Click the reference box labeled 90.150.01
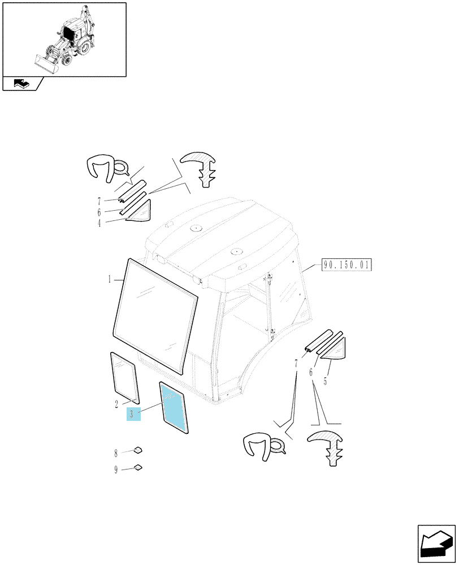[346, 265]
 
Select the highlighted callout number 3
[133, 414]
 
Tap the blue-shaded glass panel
[174, 407]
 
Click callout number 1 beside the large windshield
[110, 279]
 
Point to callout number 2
[116, 405]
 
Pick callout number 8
[116, 453]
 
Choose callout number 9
[116, 470]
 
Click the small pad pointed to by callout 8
[138, 449]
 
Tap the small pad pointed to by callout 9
[138, 467]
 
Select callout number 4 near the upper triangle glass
[99, 223]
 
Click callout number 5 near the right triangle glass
[325, 381]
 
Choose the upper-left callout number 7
[99, 202]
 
